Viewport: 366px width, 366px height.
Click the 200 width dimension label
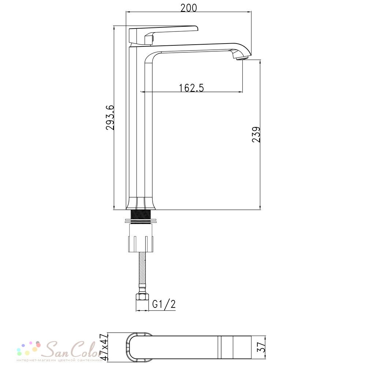point(188,8)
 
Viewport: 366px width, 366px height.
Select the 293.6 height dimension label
point(110,117)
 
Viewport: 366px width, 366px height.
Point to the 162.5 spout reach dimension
point(191,88)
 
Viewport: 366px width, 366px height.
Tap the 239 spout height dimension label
point(256,134)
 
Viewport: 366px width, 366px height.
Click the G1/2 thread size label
point(164,304)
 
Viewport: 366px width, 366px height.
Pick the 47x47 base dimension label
point(104,347)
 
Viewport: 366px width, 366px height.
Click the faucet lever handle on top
point(161,34)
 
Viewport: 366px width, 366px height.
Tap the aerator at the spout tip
point(241,58)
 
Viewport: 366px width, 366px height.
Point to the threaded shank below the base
point(141,214)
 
